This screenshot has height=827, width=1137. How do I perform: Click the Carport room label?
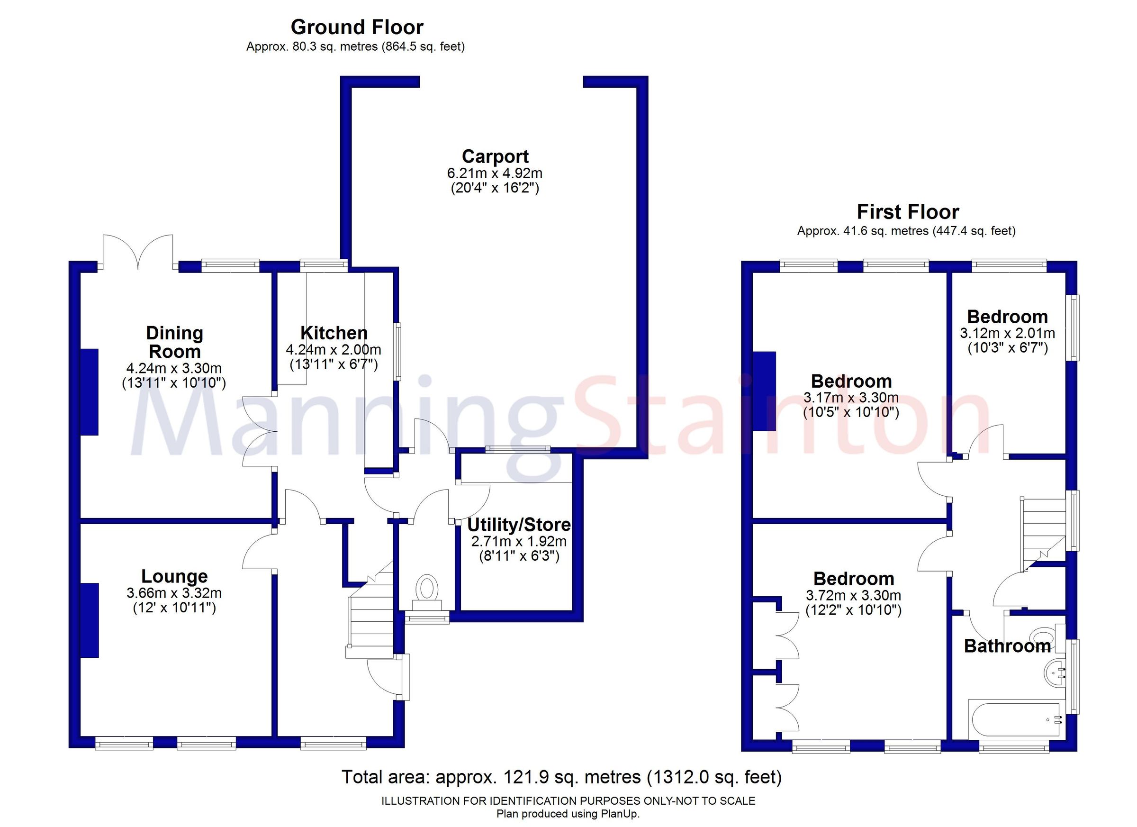point(495,156)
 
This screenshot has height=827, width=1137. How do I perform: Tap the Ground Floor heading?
point(357,27)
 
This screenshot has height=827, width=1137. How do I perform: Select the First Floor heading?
point(907,212)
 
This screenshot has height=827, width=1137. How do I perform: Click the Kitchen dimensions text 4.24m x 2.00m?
point(334,350)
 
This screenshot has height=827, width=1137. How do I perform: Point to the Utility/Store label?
point(519,525)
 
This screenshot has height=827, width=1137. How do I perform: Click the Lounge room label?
point(174,576)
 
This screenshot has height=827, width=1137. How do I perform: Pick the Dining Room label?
point(174,342)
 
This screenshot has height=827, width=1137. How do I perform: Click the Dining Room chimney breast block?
point(90,391)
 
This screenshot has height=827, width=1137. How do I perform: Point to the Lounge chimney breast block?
point(90,620)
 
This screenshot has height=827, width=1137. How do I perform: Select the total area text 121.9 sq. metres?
point(561,777)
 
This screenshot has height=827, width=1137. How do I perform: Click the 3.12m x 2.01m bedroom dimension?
point(1007,333)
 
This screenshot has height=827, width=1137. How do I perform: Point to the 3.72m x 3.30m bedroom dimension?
point(853,595)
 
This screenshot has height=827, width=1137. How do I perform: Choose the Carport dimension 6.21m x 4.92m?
point(495,173)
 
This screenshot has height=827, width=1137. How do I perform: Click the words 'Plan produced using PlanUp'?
point(568,814)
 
